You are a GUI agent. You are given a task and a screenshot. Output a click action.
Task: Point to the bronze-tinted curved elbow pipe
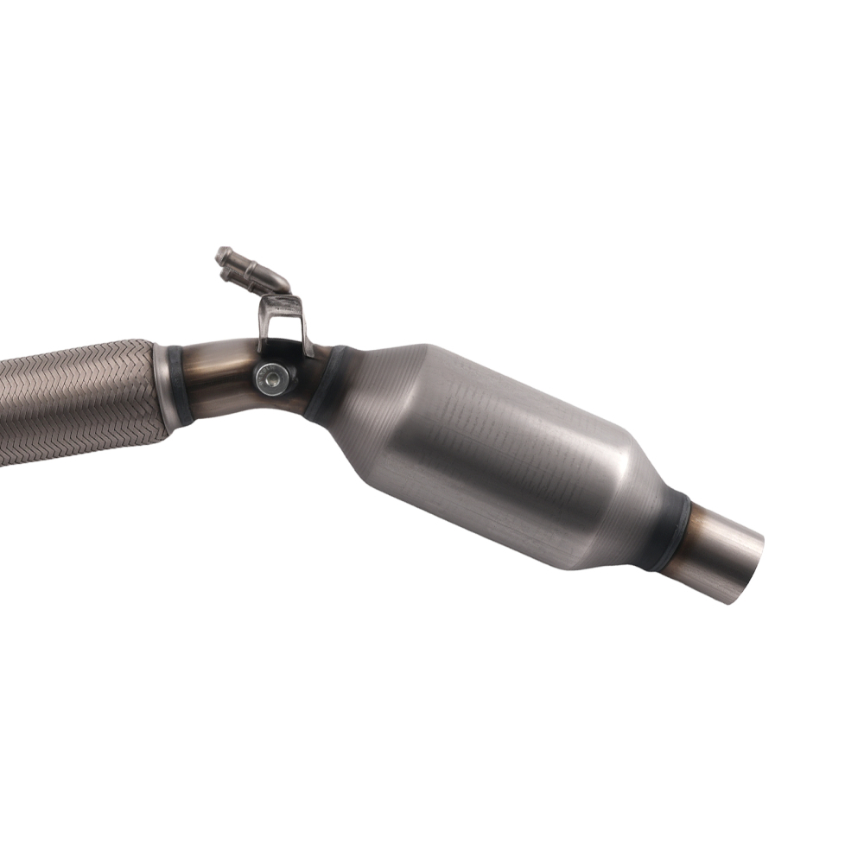pyautogui.click(x=220, y=372)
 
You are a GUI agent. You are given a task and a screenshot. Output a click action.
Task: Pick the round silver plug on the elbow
pyautogui.click(x=275, y=377)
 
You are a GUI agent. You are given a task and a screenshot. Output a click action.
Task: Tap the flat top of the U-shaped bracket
pyautogui.click(x=283, y=303)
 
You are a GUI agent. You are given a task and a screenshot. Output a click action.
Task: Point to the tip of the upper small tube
pyautogui.click(x=222, y=255)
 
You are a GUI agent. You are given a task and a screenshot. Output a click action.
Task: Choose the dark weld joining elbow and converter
pyautogui.click(x=324, y=384)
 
